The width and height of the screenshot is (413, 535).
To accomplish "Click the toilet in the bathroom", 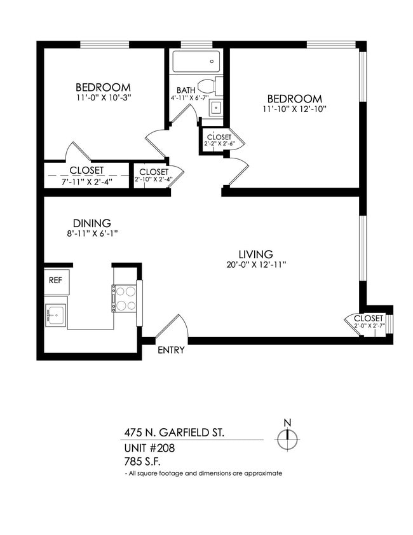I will [x=208, y=85].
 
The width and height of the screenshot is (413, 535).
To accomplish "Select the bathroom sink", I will [x=216, y=107].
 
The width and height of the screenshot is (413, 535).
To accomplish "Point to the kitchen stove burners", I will [x=126, y=297].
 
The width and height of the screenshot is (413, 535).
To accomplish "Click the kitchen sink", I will [x=56, y=314].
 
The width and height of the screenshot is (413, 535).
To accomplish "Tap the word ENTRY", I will [x=171, y=350].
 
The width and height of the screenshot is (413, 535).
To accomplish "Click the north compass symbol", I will [x=287, y=438].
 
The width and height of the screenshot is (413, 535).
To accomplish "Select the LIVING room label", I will [x=255, y=253].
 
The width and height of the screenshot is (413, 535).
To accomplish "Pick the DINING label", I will [x=92, y=223].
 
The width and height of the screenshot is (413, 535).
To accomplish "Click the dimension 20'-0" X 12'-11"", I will [x=256, y=265].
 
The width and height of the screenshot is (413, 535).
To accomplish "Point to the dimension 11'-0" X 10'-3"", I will [x=103, y=98].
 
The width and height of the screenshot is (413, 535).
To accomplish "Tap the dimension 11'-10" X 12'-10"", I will [x=294, y=110].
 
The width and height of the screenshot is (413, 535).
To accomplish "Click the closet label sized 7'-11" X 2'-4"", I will [x=87, y=170].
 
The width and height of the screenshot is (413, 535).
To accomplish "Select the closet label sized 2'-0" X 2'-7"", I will [x=369, y=318].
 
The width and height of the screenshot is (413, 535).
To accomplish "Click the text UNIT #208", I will [x=149, y=447].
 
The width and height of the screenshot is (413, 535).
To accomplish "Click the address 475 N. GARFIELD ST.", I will [x=173, y=433].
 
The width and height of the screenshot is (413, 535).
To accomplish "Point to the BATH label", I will [x=186, y=90].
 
